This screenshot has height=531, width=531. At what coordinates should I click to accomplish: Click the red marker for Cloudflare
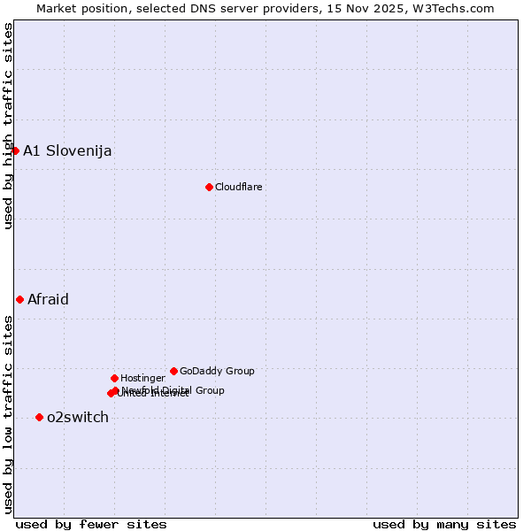209,187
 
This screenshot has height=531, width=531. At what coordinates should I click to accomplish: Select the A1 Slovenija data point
15,150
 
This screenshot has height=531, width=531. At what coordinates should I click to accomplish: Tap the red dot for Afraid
19,299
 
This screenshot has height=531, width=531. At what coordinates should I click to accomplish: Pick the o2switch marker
39,417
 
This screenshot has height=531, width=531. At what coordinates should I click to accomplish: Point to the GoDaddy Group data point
173,371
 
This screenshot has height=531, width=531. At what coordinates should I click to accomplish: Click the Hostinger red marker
114,378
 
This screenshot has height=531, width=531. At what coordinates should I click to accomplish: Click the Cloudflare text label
238,187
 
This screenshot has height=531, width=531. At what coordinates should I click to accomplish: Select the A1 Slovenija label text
67,150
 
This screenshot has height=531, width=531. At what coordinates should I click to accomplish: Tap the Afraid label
48,299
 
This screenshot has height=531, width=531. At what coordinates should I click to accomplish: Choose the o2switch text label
78,417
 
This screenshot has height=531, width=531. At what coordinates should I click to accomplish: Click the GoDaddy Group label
217,371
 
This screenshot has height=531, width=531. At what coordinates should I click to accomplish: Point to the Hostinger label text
142,378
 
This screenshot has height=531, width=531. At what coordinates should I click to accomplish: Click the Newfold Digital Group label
173,389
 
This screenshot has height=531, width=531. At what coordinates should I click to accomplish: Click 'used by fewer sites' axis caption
91,524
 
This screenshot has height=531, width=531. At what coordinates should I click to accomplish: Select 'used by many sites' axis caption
444,524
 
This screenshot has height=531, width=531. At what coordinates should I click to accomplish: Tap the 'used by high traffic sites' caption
8,126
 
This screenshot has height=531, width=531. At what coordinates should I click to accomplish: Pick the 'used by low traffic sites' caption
8,413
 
